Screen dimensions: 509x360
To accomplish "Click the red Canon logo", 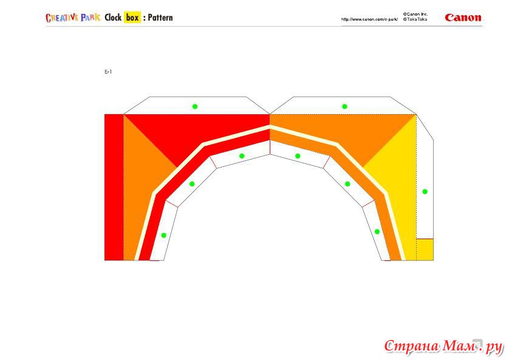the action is pos(463,18).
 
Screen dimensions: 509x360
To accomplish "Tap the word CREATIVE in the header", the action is pos(62,18).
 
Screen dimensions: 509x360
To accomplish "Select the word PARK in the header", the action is pos(91,18).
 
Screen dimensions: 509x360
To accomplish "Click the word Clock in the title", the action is pos(113,18).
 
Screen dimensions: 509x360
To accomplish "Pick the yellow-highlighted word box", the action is pos(132,18).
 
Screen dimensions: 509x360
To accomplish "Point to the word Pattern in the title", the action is pos(160,18).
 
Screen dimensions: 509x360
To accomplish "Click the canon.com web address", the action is pos(369,19).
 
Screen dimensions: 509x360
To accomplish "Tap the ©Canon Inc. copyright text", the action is pos(415,15).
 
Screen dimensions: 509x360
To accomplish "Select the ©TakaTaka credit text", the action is pos(415,19).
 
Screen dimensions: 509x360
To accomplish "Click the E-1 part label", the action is pos(108,72).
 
